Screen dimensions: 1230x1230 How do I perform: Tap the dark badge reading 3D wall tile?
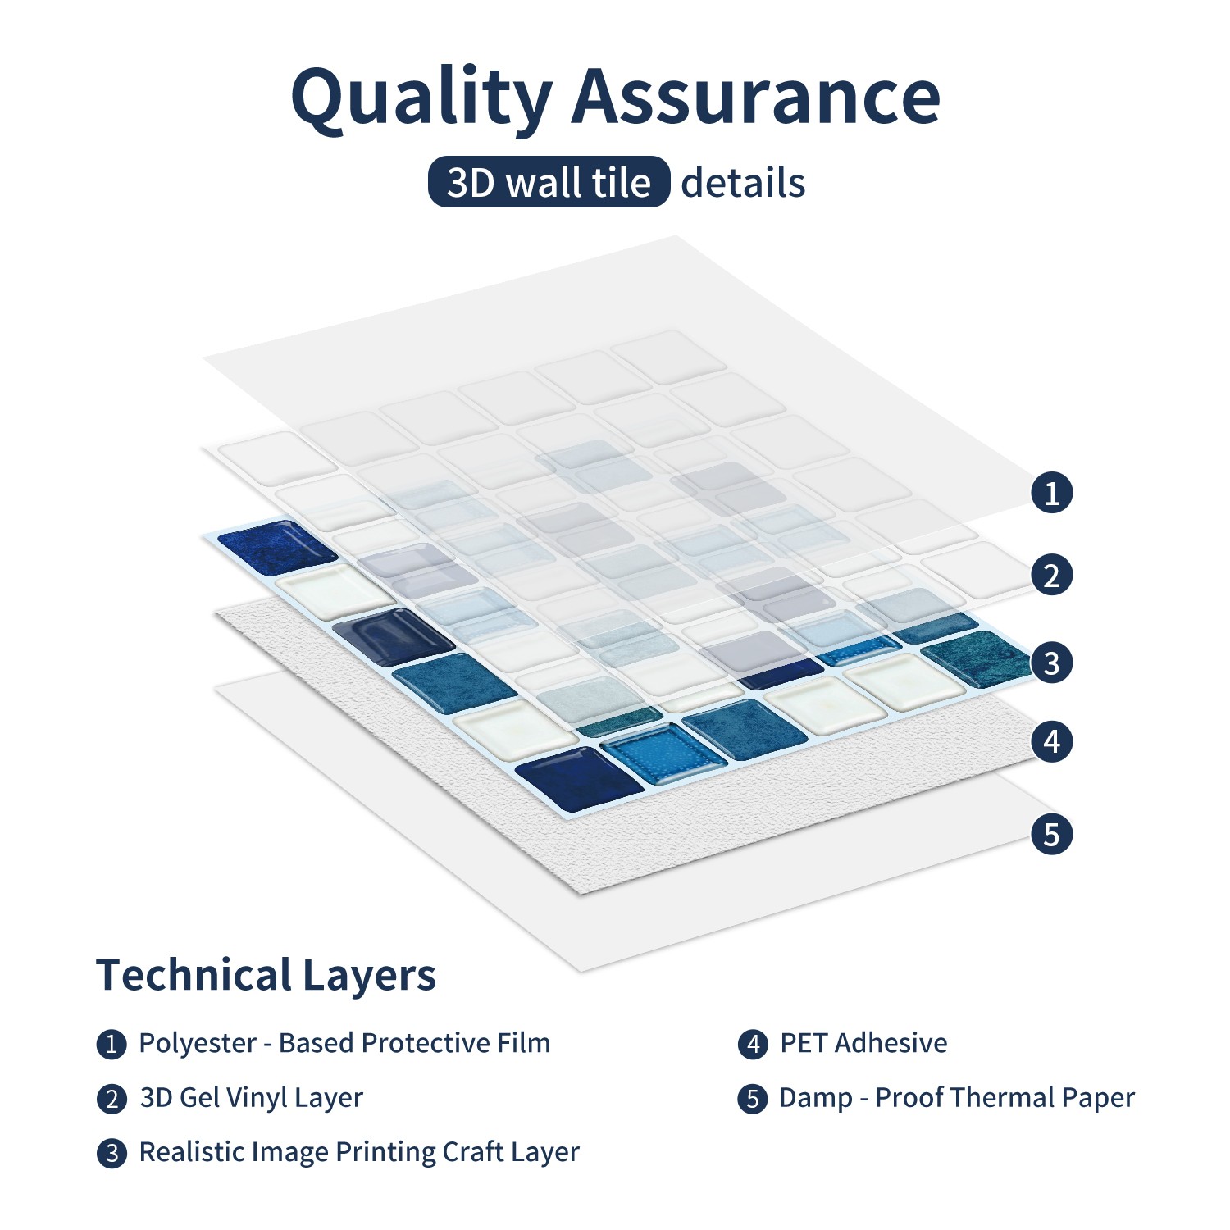[x=549, y=181]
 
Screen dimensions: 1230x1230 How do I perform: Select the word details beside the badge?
[x=743, y=182]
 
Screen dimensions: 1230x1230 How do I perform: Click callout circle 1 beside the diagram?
[x=1052, y=493]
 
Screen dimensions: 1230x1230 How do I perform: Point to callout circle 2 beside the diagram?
[x=1052, y=575]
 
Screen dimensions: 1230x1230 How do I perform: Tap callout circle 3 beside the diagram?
[x=1052, y=662]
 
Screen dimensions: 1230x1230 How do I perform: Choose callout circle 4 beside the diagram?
[x=1052, y=741]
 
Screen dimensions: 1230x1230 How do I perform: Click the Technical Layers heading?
[x=266, y=976]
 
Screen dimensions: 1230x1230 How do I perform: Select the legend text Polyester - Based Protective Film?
[x=344, y=1043]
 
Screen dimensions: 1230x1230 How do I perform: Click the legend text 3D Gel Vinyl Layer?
[x=251, y=1098]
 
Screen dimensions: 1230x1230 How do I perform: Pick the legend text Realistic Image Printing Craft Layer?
[x=359, y=1152]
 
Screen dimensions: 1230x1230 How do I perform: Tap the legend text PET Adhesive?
[x=863, y=1043]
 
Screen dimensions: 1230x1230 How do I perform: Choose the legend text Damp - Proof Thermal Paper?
[x=957, y=1098]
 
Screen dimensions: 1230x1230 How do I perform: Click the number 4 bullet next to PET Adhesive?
[x=753, y=1045]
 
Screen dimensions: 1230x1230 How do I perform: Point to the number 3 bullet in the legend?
[x=112, y=1154]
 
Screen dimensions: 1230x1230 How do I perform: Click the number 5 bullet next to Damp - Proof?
[x=753, y=1099]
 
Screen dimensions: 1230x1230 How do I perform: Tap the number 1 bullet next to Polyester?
[x=112, y=1045]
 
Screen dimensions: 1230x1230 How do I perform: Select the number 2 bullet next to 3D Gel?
[x=112, y=1099]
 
